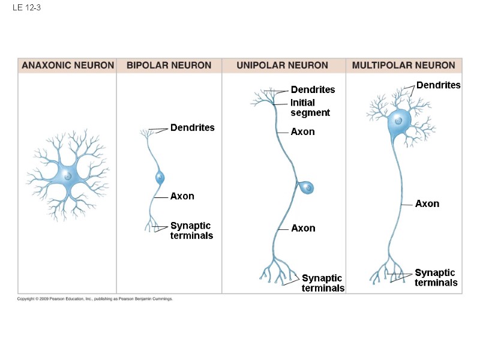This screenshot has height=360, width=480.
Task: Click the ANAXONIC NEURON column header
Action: (x=68, y=65)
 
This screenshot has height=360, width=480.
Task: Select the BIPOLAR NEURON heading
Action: (x=169, y=65)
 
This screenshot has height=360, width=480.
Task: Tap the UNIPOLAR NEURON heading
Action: (x=282, y=65)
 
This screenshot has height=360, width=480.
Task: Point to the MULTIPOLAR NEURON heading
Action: (x=403, y=65)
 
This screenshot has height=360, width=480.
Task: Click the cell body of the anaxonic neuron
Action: (x=68, y=176)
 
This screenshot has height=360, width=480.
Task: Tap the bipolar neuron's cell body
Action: (x=160, y=178)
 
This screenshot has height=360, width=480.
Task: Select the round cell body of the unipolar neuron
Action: (x=307, y=187)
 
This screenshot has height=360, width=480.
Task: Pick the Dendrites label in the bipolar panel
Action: (x=192, y=128)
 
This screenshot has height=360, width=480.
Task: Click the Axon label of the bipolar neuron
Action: (x=182, y=196)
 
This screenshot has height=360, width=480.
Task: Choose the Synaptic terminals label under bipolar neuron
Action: (x=191, y=230)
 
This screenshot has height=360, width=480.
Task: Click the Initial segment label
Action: (x=310, y=108)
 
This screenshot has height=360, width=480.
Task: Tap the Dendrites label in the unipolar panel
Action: (x=313, y=90)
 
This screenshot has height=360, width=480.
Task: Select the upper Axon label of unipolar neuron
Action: (x=302, y=132)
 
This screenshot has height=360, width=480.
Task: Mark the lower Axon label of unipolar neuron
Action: (x=303, y=228)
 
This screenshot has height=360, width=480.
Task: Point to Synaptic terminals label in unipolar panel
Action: (x=323, y=283)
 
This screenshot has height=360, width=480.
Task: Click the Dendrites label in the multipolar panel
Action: (x=438, y=85)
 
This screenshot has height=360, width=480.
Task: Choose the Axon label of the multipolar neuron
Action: (x=427, y=204)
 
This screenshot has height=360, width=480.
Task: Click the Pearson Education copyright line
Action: (x=95, y=298)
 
